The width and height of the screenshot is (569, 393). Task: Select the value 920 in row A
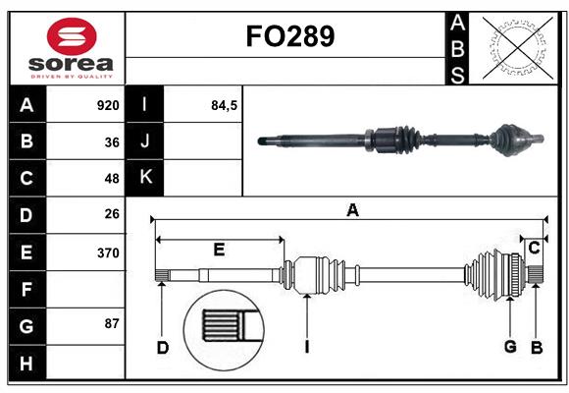(108, 105)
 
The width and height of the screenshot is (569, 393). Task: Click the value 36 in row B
(112, 142)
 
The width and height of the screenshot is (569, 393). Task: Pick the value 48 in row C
(112, 179)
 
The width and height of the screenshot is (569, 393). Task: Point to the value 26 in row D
(112, 214)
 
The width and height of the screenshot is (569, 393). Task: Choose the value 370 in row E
(108, 253)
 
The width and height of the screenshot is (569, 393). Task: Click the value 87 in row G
(112, 323)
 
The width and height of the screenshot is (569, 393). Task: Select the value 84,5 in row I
(225, 105)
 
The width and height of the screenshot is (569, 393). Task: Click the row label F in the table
(26, 290)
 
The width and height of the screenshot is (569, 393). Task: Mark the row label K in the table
(145, 178)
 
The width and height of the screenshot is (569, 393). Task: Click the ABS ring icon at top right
(516, 48)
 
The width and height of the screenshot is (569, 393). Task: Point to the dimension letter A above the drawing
(352, 208)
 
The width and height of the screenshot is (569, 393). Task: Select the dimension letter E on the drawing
(219, 250)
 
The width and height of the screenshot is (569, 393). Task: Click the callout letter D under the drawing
(163, 347)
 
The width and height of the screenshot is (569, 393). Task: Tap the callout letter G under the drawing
(510, 347)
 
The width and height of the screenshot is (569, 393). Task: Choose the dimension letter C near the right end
(534, 249)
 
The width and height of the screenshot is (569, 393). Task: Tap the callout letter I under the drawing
(307, 347)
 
